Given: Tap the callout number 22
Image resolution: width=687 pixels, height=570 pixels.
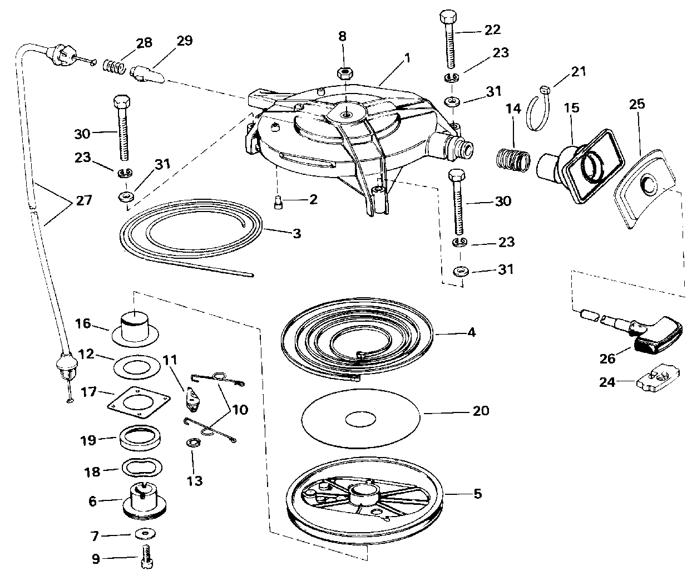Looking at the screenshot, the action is tap(492, 30).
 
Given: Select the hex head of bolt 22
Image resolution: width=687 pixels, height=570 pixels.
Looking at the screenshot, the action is tap(448, 17).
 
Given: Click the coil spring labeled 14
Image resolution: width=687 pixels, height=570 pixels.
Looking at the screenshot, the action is tap(513, 161).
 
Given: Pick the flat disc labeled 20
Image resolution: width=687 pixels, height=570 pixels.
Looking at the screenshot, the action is tap(360, 419).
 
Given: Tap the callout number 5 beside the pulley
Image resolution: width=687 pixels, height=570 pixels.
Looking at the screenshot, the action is tap(478, 494).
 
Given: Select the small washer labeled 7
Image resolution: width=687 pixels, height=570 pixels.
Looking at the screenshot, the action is tap(145, 534).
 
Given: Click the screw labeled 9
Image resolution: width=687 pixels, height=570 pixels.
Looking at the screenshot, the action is tap(147, 556).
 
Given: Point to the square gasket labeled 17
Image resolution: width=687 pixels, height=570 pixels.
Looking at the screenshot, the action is tap(139, 402).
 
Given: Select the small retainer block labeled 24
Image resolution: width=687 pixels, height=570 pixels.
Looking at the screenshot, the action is tap(658, 378).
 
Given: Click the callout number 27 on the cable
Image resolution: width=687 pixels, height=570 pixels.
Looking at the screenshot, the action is tap(84, 200).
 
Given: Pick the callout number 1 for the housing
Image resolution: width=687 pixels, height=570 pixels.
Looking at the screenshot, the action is tap(408, 58).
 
